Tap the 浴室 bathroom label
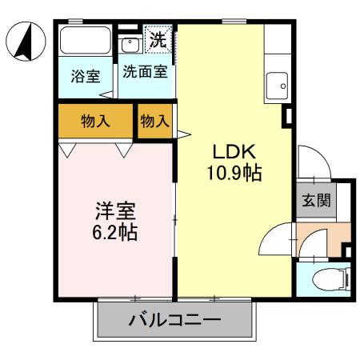click(85, 77)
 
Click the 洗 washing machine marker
click(158, 38)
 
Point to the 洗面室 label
click(145, 71)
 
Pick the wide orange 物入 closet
click(94, 122)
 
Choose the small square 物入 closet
click(154, 122)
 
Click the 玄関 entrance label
click(313, 200)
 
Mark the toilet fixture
click(328, 280)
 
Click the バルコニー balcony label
click(175, 322)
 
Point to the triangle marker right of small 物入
click(182, 133)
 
